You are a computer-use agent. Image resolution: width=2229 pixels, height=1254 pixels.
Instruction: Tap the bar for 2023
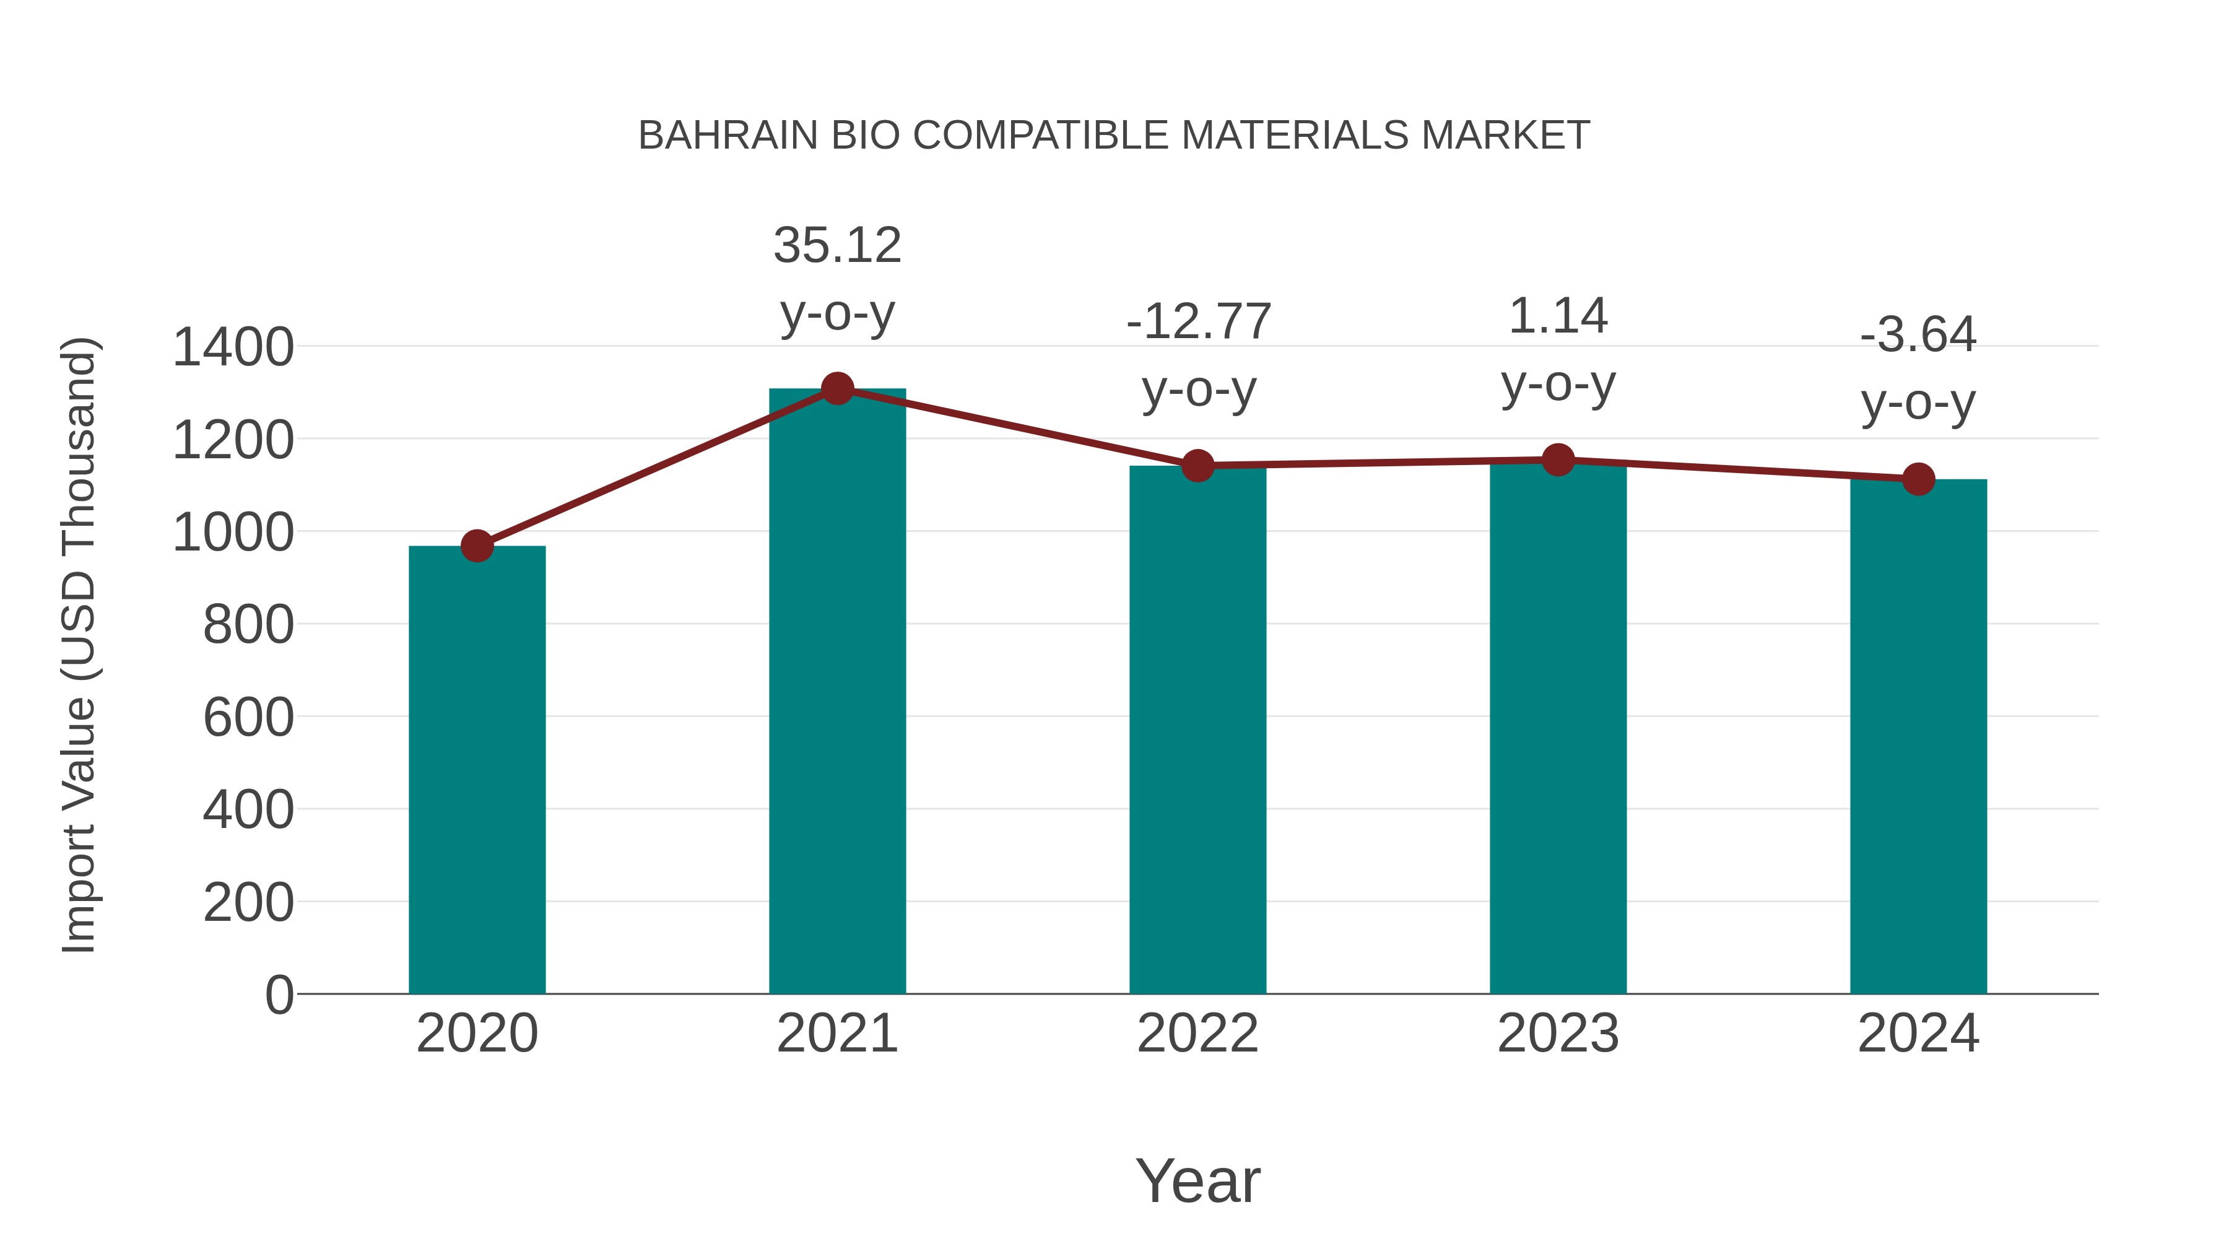pos(1558,726)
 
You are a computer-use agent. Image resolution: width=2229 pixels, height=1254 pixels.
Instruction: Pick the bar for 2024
pos(1918,736)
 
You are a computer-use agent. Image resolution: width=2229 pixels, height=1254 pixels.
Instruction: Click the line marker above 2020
pos(477,546)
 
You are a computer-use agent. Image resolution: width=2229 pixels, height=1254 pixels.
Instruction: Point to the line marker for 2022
pos(1197,466)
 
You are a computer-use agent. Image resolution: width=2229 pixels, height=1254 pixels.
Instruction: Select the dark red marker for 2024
pos(1918,479)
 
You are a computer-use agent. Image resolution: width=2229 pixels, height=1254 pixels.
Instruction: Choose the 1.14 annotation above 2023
pos(1558,316)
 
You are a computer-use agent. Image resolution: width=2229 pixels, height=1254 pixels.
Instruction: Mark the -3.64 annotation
pos(1918,335)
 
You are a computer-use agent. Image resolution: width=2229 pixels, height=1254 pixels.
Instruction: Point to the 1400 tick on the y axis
pos(233,348)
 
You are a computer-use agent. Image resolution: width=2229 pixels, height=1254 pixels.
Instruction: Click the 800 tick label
pos(248,625)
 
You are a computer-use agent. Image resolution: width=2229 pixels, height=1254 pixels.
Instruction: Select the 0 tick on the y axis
pos(279,995)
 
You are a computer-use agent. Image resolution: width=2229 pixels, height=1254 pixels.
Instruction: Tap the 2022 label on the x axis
pos(1197,1034)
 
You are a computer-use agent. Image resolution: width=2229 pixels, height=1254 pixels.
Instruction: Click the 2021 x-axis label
pos(836,1034)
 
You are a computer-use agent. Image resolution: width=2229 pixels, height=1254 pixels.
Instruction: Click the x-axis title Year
pos(1197,1180)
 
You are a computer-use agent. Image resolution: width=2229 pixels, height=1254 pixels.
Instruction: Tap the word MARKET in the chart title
pos(1505,136)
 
